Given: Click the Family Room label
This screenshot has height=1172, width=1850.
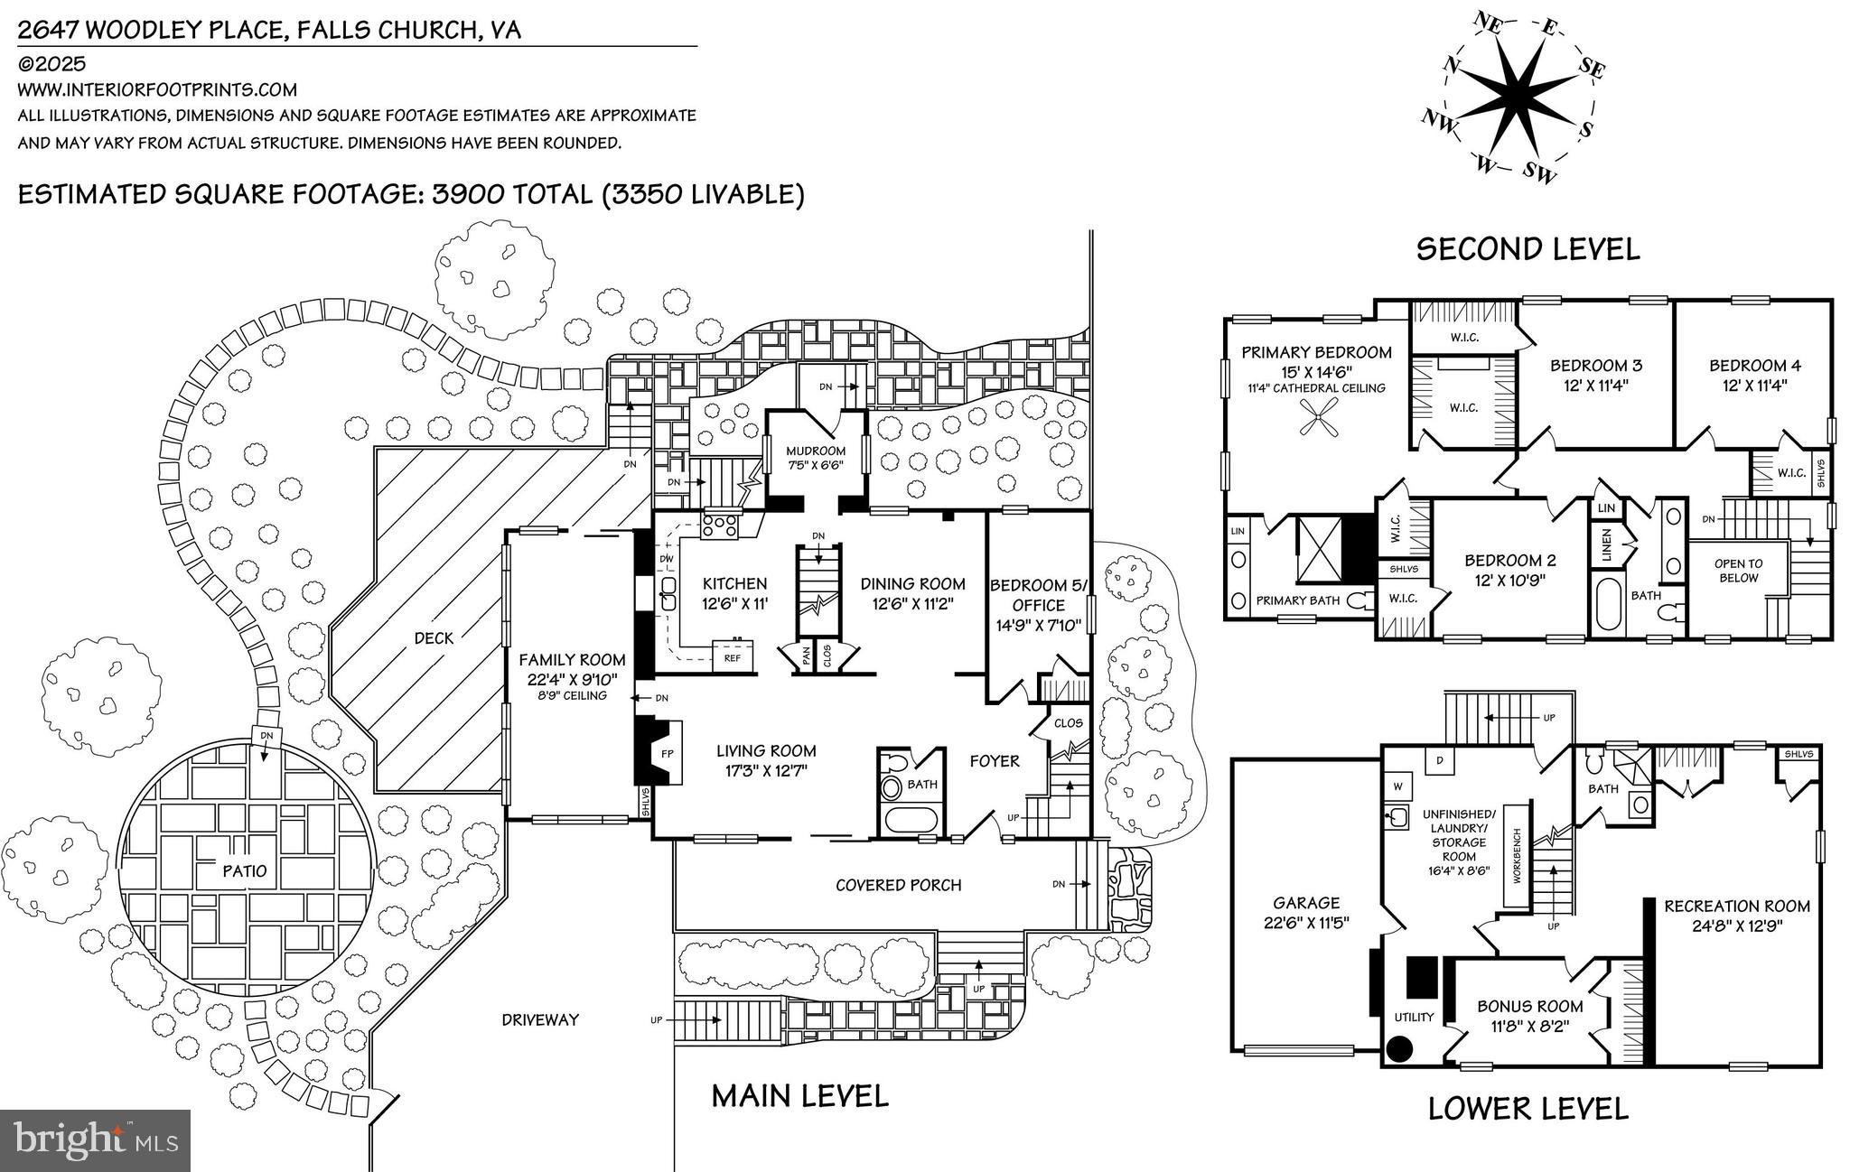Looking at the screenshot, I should pos(572,660).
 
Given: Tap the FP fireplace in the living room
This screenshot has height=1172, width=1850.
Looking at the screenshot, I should pos(668,754).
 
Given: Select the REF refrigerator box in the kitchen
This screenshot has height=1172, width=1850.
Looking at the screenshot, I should pos(733,658).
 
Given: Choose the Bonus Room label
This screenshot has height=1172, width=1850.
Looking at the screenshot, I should pos(1529,1006).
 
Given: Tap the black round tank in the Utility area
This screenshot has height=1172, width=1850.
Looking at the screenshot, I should pos(1399,1048).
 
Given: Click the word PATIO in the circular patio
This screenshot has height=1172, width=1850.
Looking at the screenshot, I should pos(245,871).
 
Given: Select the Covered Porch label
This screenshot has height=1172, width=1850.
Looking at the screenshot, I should pos(898,885).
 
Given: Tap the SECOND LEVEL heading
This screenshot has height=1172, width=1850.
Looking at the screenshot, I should pos(1527,249).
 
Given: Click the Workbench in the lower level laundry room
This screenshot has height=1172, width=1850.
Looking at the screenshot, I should pos(1518,855).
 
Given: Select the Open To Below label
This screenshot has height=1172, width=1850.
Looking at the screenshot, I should pos(1738,571).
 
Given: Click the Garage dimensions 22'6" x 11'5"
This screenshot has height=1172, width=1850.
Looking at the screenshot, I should pos(1305,923).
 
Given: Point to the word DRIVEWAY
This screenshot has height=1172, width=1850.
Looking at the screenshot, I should pos(540,1019).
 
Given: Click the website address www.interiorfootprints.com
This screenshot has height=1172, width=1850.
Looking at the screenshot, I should pos(157,89).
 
